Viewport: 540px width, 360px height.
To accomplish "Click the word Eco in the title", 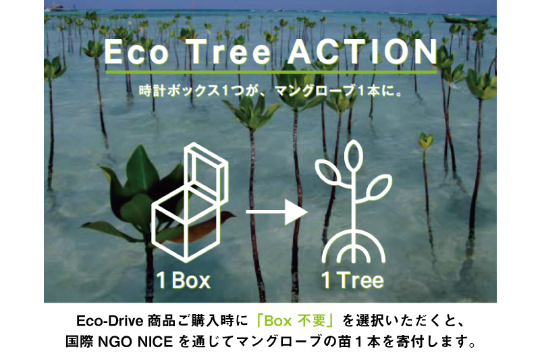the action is [x=136, y=52].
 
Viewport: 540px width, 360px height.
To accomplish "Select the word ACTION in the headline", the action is [x=362, y=52].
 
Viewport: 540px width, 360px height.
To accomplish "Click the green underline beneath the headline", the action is [x=271, y=72].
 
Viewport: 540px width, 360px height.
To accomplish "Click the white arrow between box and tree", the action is [x=276, y=212].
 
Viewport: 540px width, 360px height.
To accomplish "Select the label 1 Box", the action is [x=183, y=280].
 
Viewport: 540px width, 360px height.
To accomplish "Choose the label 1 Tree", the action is [x=352, y=280].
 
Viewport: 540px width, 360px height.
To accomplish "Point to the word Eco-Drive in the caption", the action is [x=109, y=321].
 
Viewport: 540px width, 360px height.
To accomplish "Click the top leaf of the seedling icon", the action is [x=353, y=155].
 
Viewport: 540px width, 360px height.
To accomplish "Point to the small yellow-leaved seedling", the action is [x=426, y=140].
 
